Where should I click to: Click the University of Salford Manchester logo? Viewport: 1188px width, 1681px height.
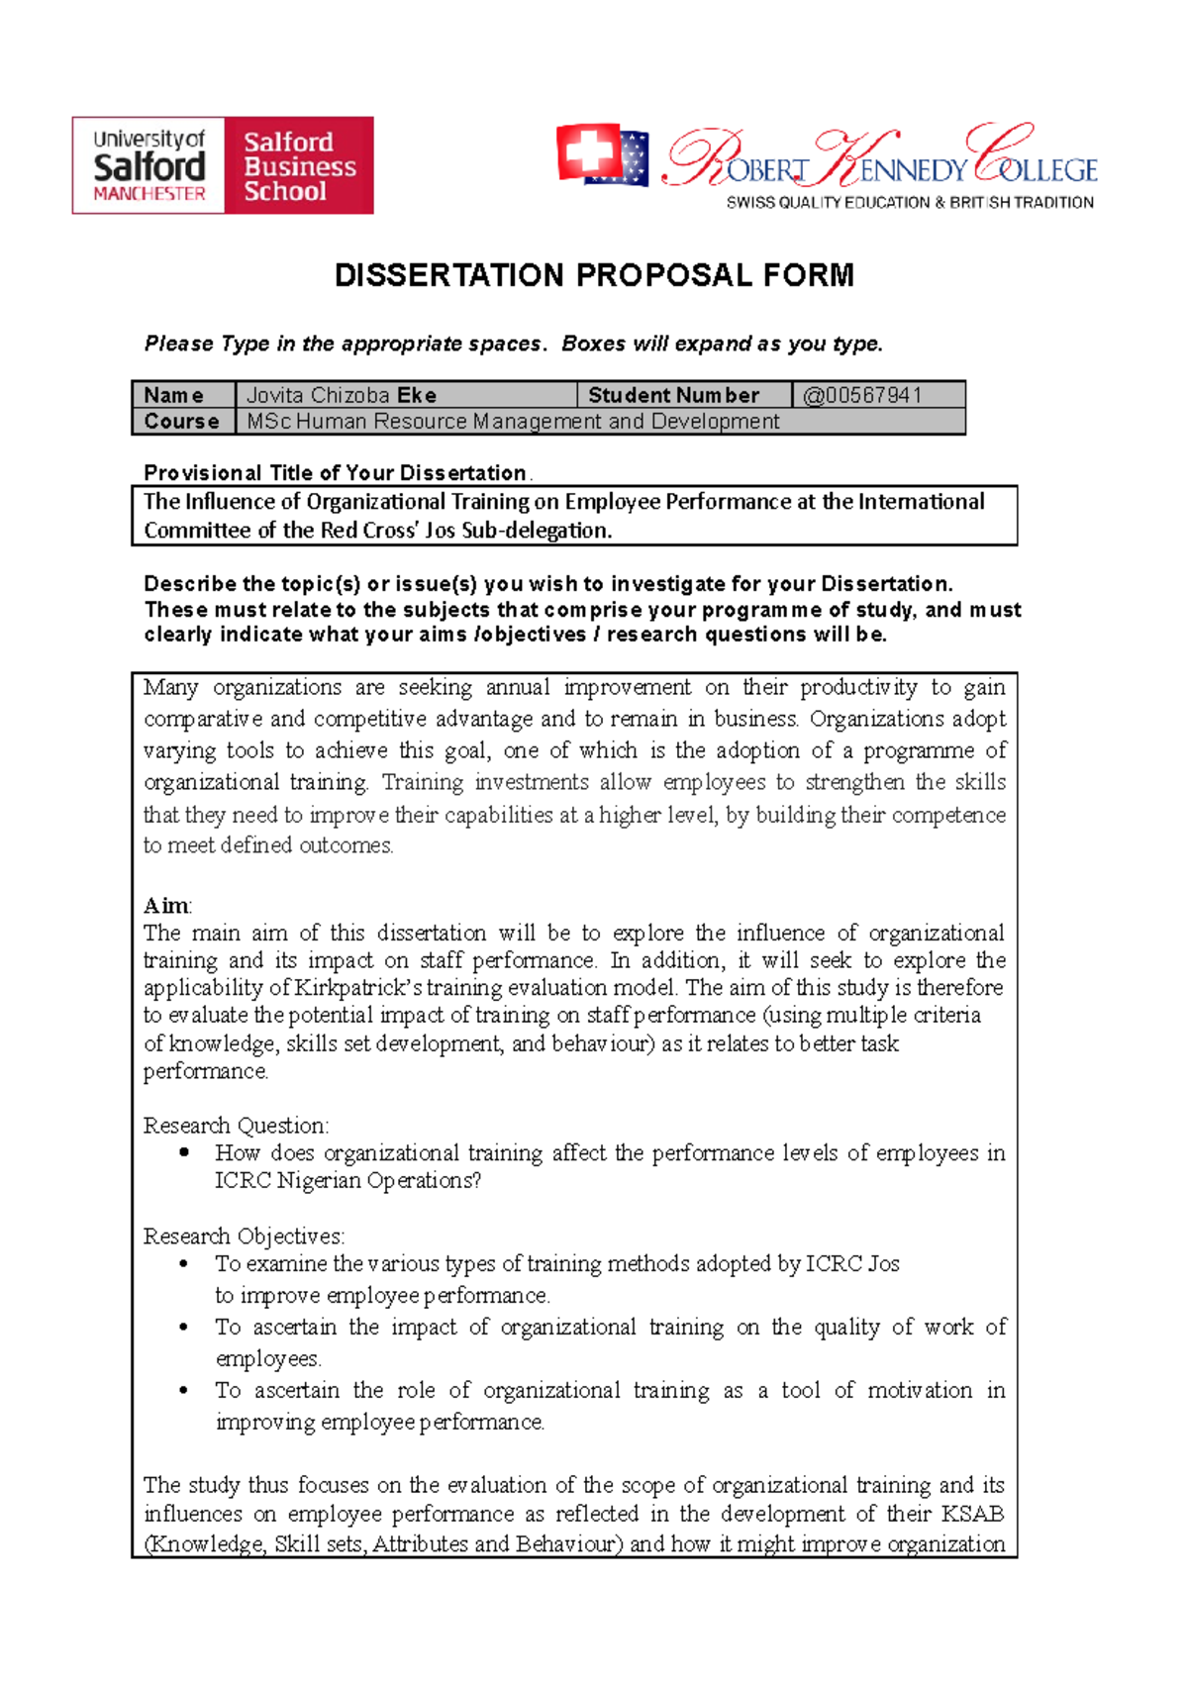[x=148, y=165]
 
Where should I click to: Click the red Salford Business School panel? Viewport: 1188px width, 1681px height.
[x=299, y=165]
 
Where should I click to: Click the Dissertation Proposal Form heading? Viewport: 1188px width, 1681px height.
[x=594, y=275]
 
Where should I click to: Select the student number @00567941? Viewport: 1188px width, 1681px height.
[x=862, y=395]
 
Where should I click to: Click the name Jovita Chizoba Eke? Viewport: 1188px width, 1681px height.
[x=342, y=395]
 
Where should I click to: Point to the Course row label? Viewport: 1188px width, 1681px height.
[x=181, y=422]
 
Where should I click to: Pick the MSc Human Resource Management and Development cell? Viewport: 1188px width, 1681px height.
[x=513, y=422]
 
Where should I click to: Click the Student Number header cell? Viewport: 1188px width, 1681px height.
[x=673, y=395]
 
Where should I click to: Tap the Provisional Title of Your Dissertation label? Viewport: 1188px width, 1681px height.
[x=335, y=472]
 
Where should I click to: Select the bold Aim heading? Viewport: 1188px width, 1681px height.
[x=166, y=905]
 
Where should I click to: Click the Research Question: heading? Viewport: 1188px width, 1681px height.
[x=236, y=1126]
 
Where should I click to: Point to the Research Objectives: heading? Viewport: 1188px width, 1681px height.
[x=244, y=1236]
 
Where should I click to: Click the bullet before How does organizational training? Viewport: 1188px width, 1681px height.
[x=184, y=1153]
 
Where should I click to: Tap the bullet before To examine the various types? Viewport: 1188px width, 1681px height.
[x=184, y=1264]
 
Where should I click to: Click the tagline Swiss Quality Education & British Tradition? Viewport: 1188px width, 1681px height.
[x=910, y=203]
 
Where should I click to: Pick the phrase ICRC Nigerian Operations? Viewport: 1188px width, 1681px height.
[x=347, y=1181]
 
